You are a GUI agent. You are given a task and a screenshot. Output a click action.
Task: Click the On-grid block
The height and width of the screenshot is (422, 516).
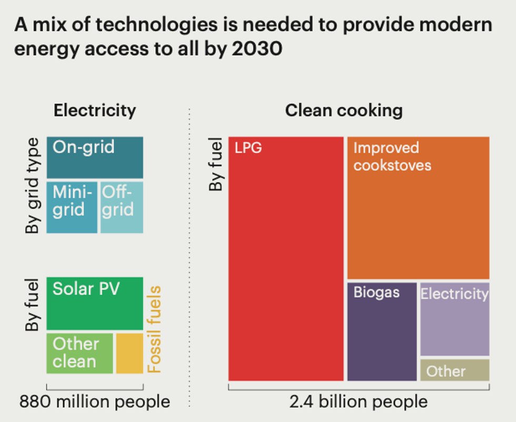click(x=95, y=157)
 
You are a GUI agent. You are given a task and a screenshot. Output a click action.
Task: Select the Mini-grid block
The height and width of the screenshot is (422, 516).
click(x=72, y=207)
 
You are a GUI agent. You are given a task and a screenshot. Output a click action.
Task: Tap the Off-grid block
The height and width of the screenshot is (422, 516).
click(x=122, y=207)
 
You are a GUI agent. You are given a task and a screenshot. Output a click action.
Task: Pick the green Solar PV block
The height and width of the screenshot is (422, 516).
click(x=95, y=303)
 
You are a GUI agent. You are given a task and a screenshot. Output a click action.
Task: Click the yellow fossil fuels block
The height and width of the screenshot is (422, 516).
click(x=129, y=353)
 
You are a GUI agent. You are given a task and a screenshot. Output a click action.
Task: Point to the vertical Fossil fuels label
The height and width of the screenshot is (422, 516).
click(x=154, y=329)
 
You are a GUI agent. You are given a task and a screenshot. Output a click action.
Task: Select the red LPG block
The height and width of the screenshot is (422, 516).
click(x=286, y=258)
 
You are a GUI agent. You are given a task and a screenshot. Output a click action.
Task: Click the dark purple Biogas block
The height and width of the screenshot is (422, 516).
click(x=382, y=331)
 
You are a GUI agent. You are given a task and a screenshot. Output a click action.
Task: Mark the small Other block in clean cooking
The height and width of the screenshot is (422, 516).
click(x=454, y=370)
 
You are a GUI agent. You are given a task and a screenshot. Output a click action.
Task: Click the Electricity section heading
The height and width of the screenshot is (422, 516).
click(x=95, y=110)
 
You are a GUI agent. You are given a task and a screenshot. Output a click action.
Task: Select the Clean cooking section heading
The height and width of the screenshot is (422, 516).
click(x=344, y=110)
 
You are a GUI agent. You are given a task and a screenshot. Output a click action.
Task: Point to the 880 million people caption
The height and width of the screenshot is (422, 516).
click(x=95, y=402)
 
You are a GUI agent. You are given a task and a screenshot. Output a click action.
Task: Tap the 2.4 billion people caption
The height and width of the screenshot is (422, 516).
click(x=358, y=402)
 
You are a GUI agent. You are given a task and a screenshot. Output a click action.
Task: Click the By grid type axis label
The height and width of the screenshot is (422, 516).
click(x=33, y=186)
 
